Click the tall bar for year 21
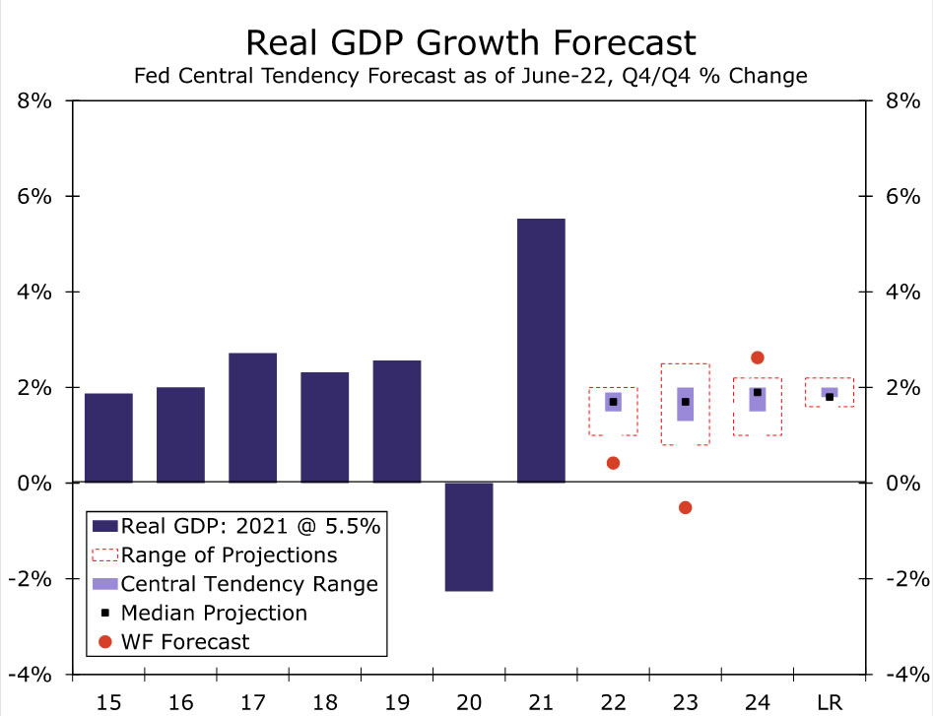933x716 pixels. [x=541, y=351]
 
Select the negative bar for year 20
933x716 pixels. [x=469, y=537]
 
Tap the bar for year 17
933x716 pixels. [x=252, y=418]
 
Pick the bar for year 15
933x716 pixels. [x=108, y=437]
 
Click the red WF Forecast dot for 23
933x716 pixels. [x=686, y=507]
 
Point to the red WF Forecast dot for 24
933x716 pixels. [x=757, y=358]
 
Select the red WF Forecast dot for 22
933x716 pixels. [x=613, y=463]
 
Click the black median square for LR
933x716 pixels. [x=830, y=397]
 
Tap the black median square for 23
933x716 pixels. [x=686, y=402]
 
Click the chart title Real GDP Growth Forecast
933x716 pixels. [x=470, y=42]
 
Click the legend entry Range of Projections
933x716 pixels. [x=229, y=554]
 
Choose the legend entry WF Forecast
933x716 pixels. [x=185, y=642]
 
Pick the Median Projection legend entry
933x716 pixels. [x=213, y=613]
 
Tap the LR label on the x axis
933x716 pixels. [x=830, y=701]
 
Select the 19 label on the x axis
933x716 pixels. [x=396, y=701]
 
